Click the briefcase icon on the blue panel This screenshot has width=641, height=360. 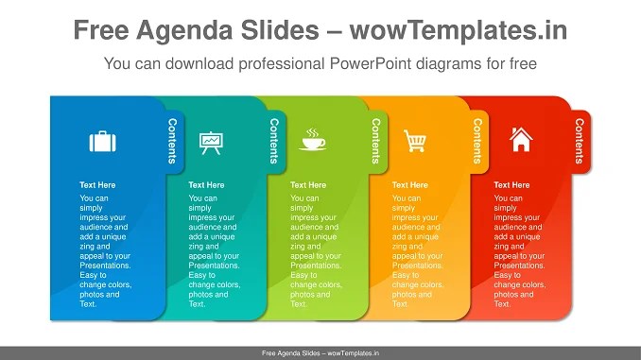pyautogui.click(x=102, y=142)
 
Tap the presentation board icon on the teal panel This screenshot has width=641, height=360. pyautogui.click(x=210, y=142)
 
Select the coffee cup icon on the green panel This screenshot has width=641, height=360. pyautogui.click(x=312, y=142)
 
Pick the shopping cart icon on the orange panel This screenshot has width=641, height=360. pyautogui.click(x=414, y=142)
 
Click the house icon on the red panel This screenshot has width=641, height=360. pyautogui.click(x=520, y=141)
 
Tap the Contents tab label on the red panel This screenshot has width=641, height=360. pyautogui.click(x=580, y=141)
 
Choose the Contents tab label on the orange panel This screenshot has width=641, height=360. pyautogui.click(x=477, y=141)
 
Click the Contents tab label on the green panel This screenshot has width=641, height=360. pyautogui.click(x=376, y=141)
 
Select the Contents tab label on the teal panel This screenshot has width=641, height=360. pyautogui.click(x=274, y=141)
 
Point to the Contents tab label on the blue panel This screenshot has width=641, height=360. pyautogui.click(x=172, y=141)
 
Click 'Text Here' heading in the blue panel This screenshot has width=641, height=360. pyautogui.click(x=97, y=185)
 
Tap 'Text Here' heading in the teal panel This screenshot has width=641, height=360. pyautogui.click(x=206, y=185)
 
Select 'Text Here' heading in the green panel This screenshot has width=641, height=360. pyautogui.click(x=308, y=185)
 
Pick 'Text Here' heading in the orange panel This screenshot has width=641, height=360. pyautogui.click(x=410, y=185)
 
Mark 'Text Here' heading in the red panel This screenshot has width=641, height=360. pyautogui.click(x=511, y=185)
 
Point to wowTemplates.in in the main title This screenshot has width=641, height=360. pyautogui.click(x=459, y=30)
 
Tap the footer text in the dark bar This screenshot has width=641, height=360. pyautogui.click(x=320, y=353)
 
